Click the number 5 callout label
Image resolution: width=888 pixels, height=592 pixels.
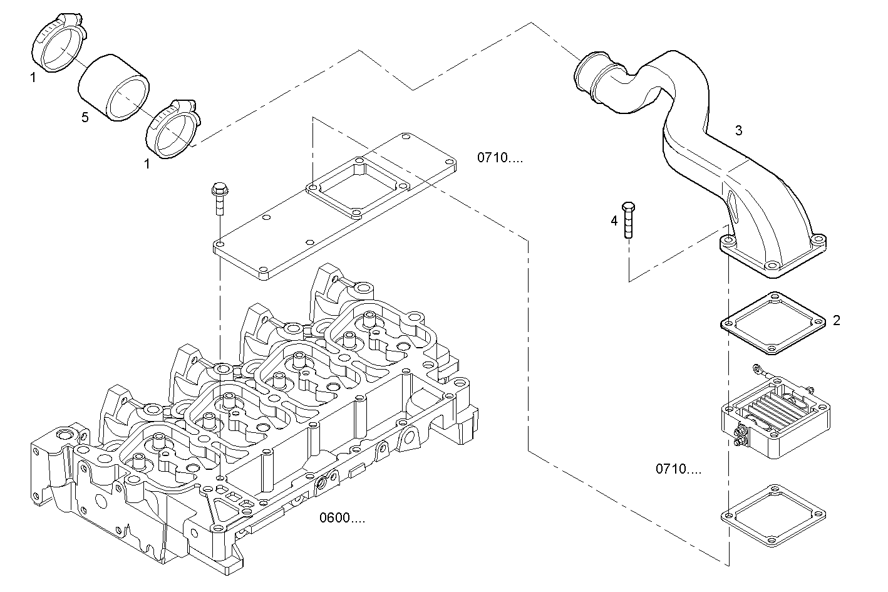pos(85,117)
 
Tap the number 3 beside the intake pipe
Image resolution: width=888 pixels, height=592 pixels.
pos(738,130)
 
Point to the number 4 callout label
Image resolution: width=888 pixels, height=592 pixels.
pos(614,221)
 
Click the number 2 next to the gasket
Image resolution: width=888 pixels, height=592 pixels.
pos(836,321)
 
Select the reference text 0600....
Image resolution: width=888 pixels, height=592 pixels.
pos(342,518)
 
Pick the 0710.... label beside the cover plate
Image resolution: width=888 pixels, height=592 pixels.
pos(500,158)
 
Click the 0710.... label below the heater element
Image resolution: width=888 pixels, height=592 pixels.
pos(678,469)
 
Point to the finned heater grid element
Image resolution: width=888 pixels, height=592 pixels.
pos(777,413)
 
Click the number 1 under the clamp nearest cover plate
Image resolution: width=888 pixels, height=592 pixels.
pos(147,164)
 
